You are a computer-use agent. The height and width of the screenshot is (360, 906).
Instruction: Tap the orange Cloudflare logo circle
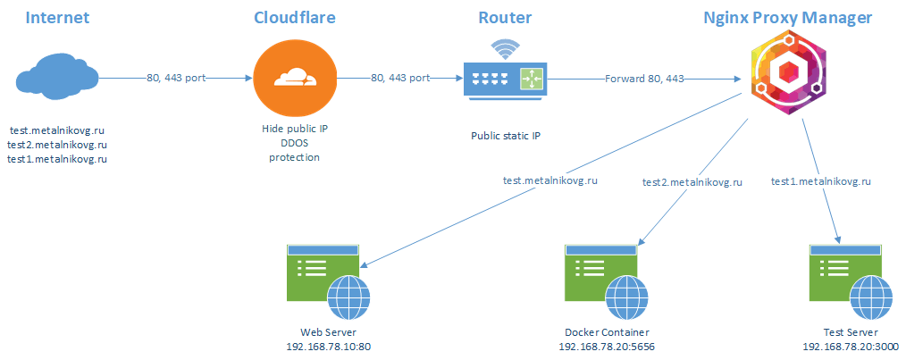(x=285, y=79)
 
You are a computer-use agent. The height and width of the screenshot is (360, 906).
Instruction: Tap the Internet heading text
(x=57, y=18)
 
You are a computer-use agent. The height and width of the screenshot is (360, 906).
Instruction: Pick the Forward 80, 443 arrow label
(x=644, y=79)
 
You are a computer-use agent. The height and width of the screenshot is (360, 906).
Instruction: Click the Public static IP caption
(x=507, y=137)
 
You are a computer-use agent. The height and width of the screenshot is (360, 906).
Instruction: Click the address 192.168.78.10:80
(x=327, y=346)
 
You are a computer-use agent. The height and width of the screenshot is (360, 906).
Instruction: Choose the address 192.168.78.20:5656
(x=607, y=346)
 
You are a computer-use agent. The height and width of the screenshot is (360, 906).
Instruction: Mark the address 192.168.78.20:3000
(x=851, y=346)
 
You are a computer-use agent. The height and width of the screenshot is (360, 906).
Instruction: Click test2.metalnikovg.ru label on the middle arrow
(x=692, y=182)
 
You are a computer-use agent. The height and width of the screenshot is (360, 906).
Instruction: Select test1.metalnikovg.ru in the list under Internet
(x=57, y=158)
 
